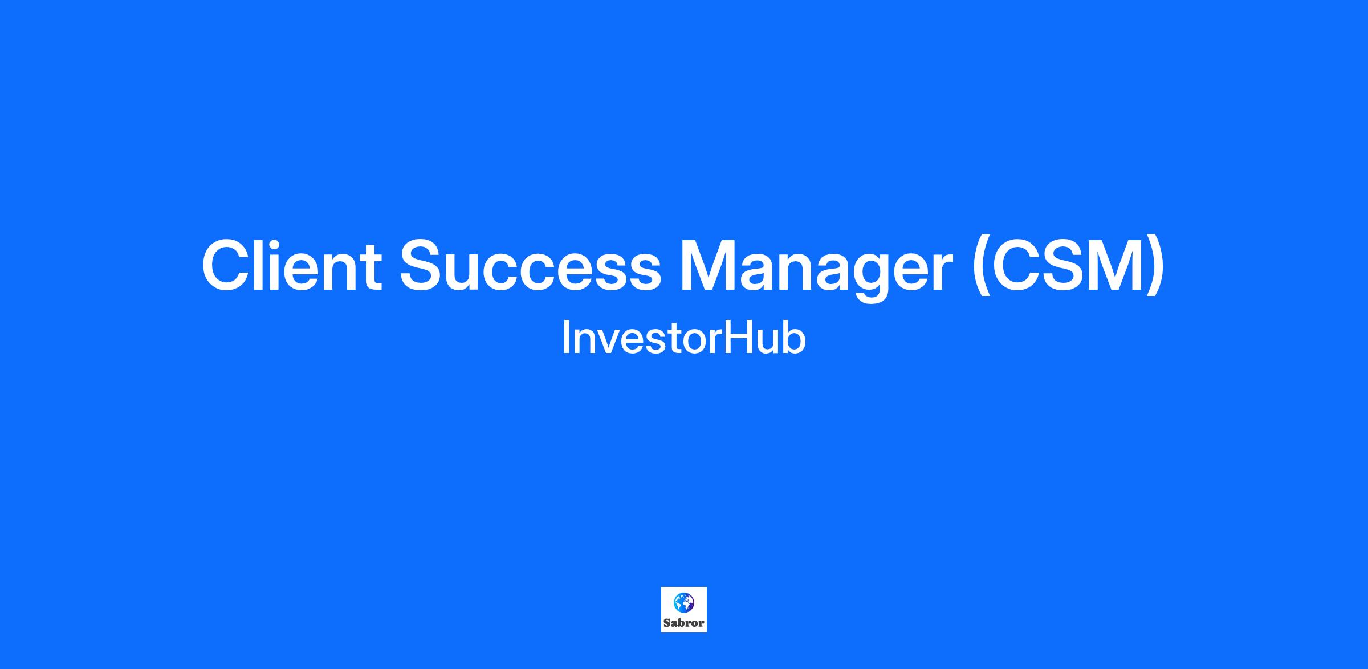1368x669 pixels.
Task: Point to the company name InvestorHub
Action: pos(684,338)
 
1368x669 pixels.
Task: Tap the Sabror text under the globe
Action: pos(684,623)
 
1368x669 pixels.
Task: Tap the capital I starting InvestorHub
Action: pos(565,338)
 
